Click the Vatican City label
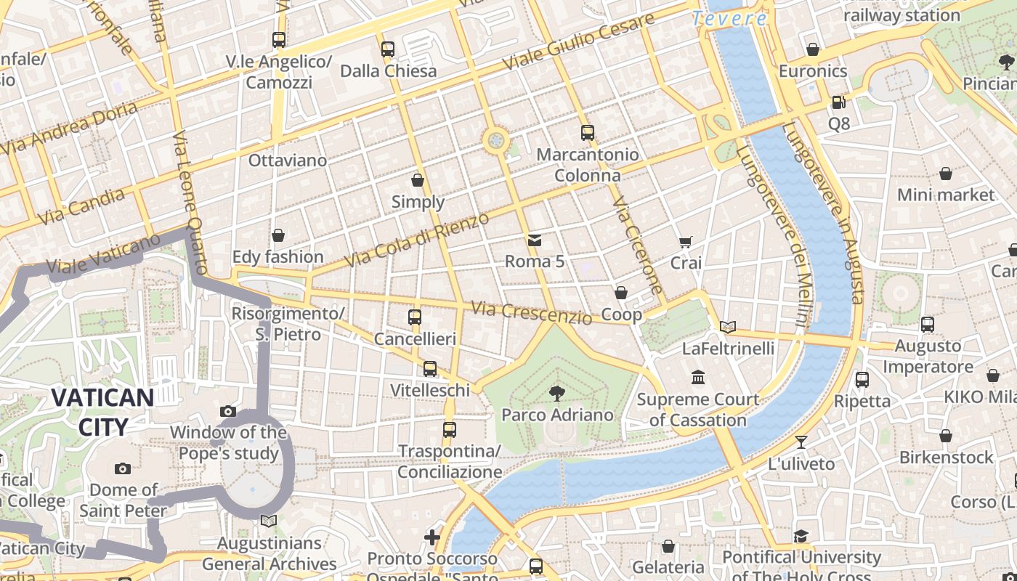[x=102, y=412]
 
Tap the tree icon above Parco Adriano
[x=557, y=394]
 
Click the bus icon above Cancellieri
[x=415, y=317]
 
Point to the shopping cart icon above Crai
[x=685, y=242]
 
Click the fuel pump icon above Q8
[x=838, y=103]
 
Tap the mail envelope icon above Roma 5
[x=535, y=240]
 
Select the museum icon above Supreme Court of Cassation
[x=698, y=378]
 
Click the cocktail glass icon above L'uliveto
[x=801, y=442]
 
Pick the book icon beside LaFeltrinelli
[x=728, y=328]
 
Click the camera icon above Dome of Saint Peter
[x=123, y=469]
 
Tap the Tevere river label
[x=729, y=19]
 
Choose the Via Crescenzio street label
[x=531, y=312]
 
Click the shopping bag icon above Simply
[x=418, y=180]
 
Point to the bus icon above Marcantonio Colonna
[x=588, y=133]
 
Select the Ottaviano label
[x=288, y=161]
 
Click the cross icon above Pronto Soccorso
[x=432, y=537]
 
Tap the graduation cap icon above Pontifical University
[x=801, y=536]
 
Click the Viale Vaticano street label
[x=103, y=255]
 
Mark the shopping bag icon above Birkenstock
[x=945, y=436]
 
